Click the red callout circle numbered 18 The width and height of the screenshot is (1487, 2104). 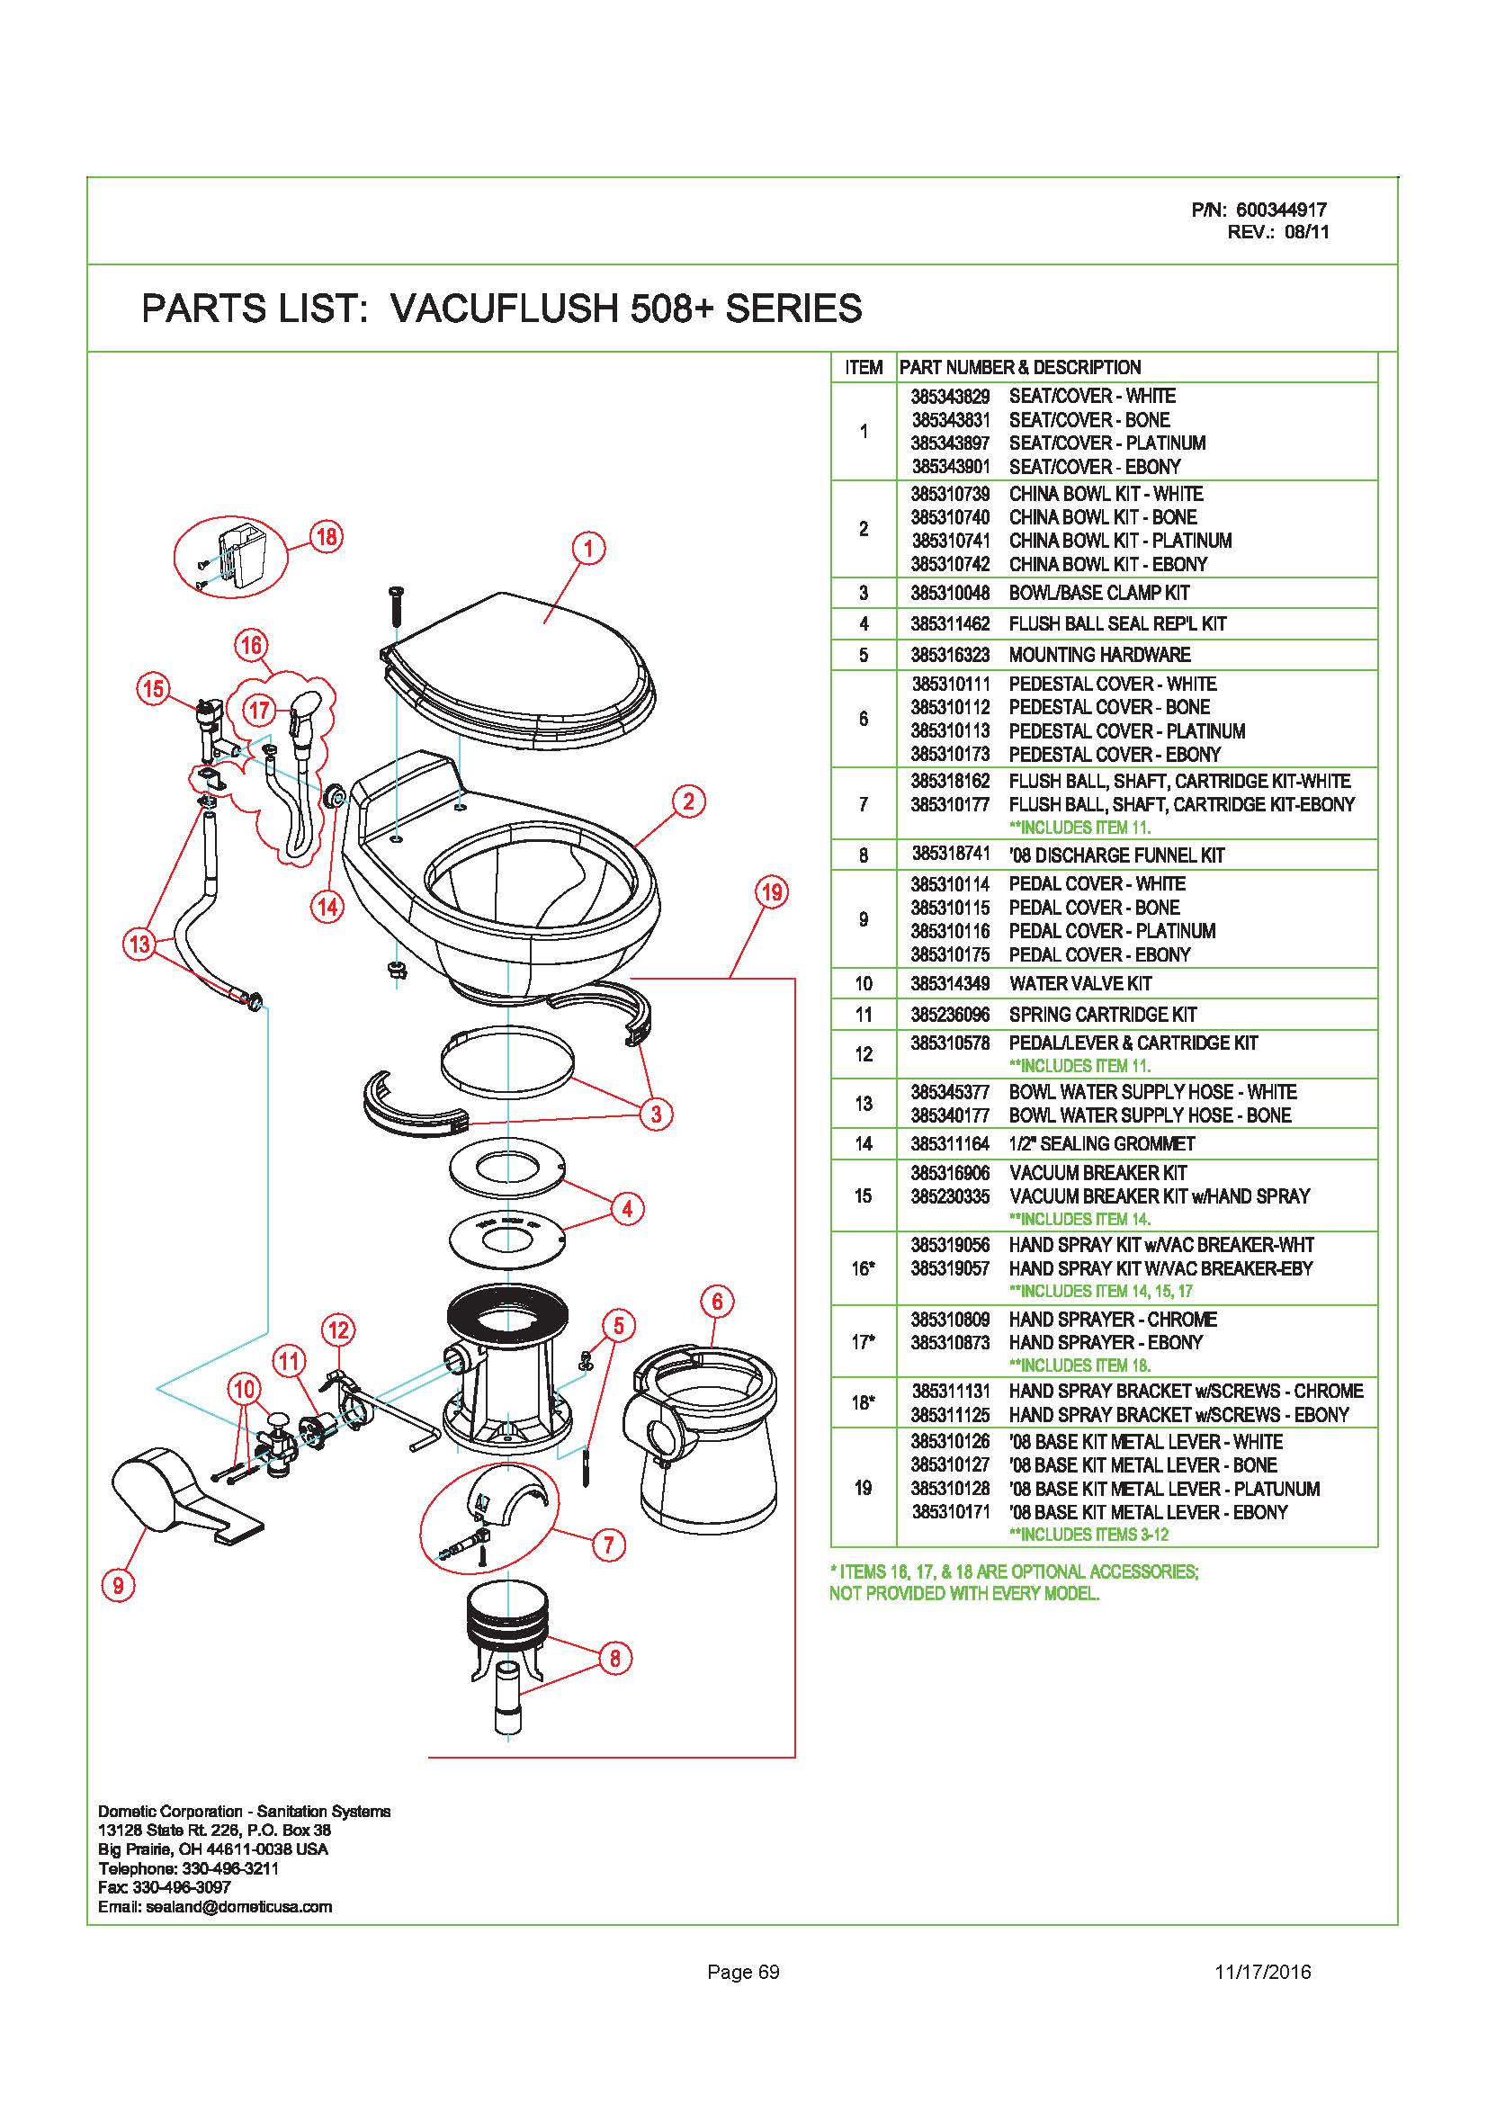[327, 536]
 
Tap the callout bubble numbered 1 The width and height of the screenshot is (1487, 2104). [588, 549]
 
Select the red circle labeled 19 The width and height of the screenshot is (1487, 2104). [772, 891]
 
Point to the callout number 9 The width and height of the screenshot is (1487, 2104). [118, 1584]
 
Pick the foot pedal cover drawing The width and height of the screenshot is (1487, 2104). [187, 1497]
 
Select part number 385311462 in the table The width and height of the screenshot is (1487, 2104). [950, 624]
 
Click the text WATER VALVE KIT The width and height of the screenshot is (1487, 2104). [1080, 984]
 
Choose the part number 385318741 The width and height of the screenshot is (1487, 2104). [950, 855]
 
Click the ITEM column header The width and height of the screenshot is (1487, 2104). [864, 369]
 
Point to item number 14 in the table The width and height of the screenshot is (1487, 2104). [863, 1143]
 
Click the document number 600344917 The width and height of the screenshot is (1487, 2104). [1281, 210]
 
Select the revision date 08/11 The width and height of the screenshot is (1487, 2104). [1306, 232]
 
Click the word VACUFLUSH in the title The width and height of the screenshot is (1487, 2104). [505, 309]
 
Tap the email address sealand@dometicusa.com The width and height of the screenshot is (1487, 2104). [239, 1907]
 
